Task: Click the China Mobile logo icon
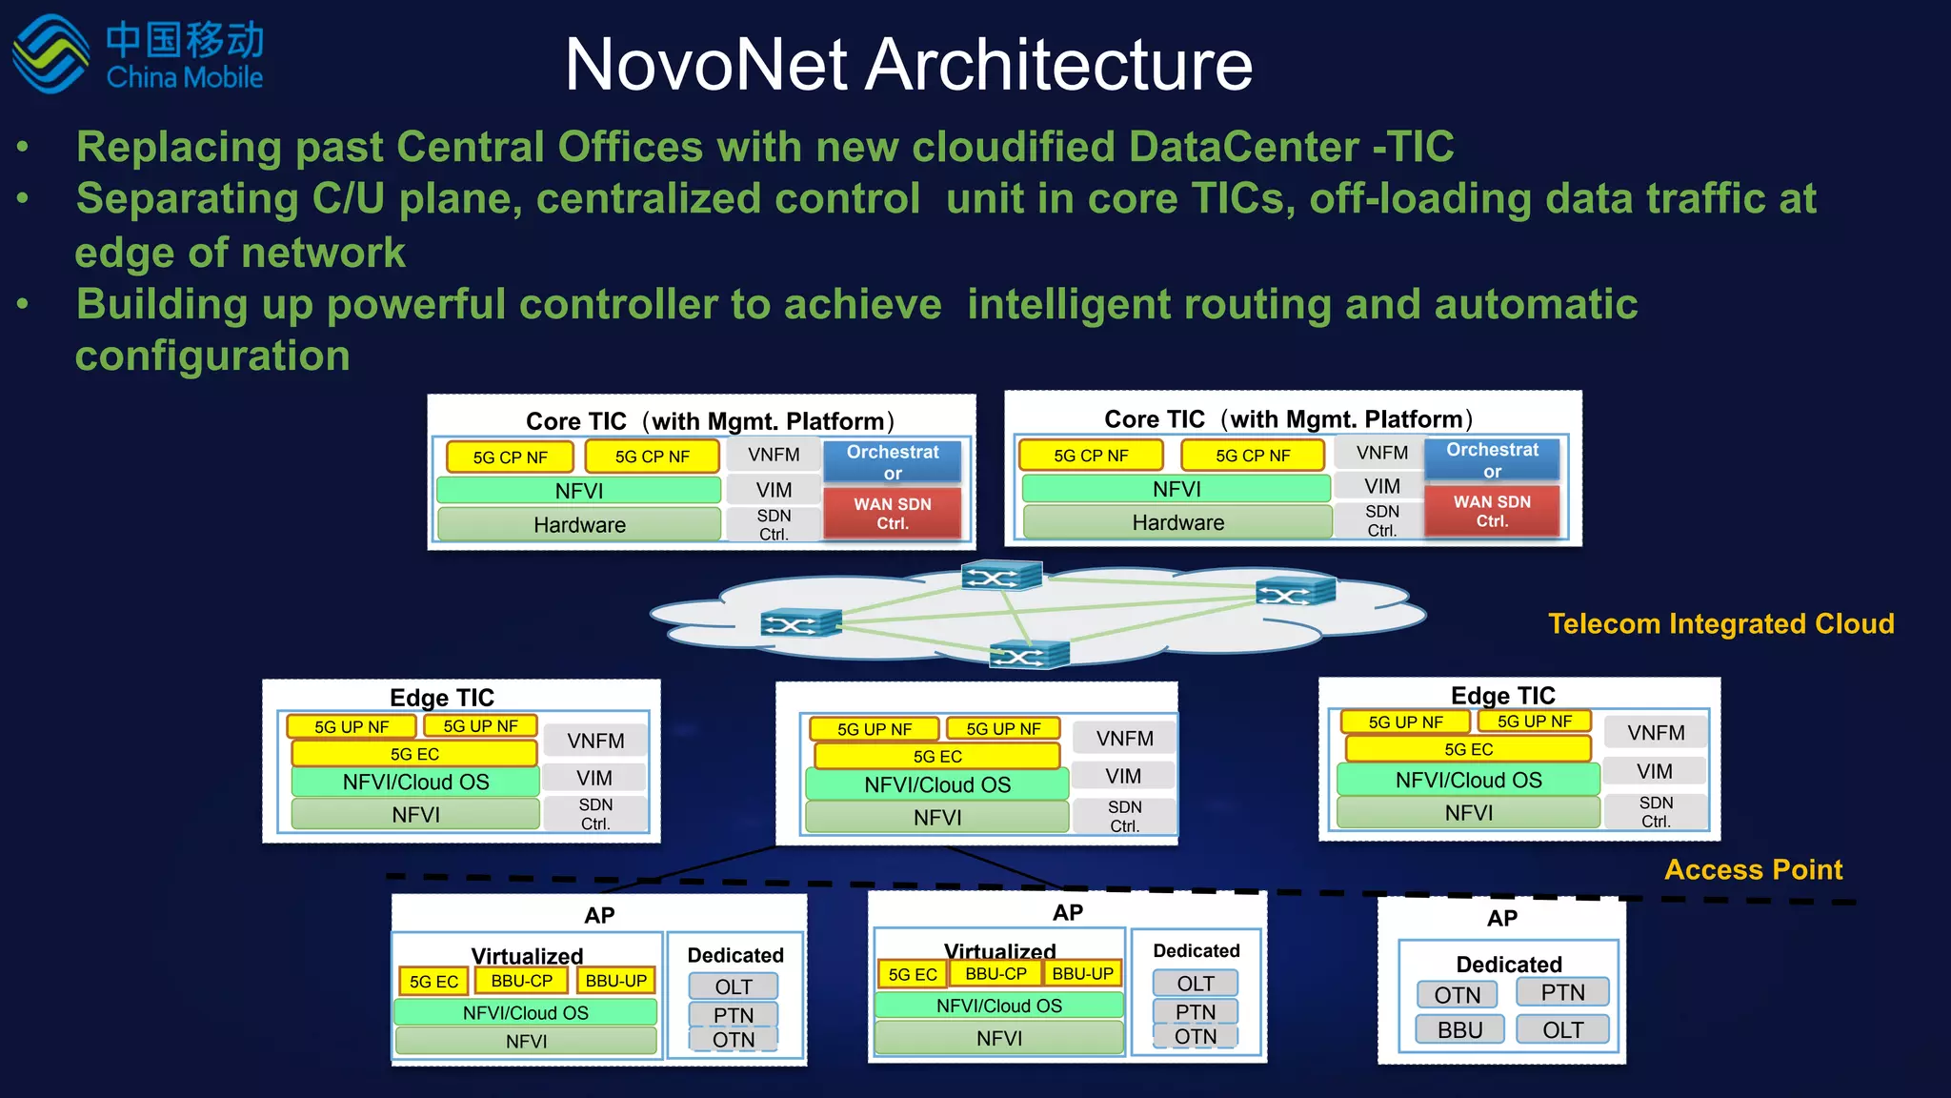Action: pos(50,54)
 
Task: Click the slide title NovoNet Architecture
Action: pos(908,65)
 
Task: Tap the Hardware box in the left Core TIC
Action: pos(579,525)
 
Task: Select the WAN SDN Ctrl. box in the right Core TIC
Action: pos(1492,512)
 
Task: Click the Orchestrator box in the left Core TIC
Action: pos(893,462)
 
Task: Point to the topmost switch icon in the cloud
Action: pos(1001,577)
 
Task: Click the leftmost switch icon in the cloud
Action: pos(800,624)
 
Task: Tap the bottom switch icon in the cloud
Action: pos(1029,656)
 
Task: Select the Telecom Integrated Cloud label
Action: pos(1720,623)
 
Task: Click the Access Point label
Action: pos(1753,869)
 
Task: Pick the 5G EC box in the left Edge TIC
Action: pos(414,754)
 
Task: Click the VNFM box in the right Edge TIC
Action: pos(1656,733)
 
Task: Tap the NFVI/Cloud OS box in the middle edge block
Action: pos(937,784)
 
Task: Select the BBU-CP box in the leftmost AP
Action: pos(521,981)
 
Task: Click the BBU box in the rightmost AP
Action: pos(1459,1030)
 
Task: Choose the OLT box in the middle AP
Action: pos(1196,984)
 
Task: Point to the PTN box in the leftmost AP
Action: pos(734,1015)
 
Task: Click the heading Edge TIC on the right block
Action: pos(1502,696)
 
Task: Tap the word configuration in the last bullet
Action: pos(212,356)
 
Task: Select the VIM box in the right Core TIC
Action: pos(1381,486)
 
